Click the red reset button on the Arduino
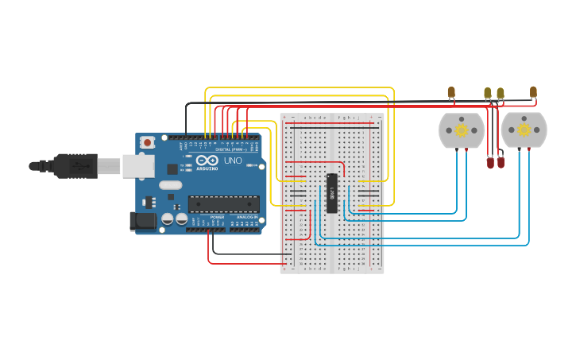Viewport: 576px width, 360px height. point(147,142)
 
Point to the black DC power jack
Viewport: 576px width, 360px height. point(143,222)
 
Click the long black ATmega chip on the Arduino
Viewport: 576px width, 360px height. point(223,204)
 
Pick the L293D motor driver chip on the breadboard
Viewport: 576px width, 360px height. point(332,193)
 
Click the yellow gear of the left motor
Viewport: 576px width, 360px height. point(462,130)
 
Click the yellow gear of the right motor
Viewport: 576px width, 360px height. point(524,130)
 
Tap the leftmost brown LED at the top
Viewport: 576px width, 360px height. point(451,92)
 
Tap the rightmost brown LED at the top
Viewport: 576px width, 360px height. point(533,92)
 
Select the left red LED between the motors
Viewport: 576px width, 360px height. point(491,163)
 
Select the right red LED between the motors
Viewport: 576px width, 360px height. point(501,163)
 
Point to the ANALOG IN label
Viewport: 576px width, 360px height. point(245,216)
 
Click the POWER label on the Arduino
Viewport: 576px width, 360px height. point(216,216)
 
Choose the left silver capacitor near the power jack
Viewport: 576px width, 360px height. point(167,219)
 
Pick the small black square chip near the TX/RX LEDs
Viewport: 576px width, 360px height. point(172,168)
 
